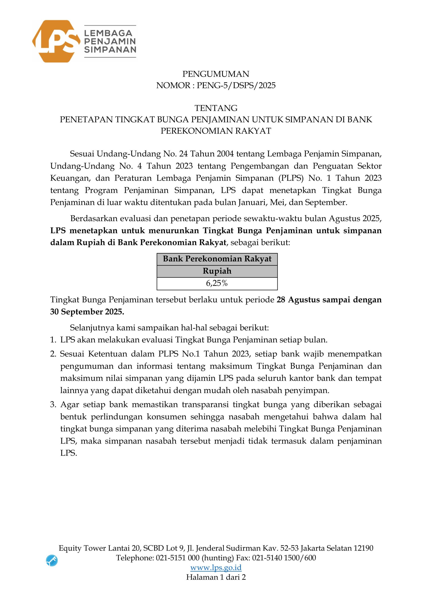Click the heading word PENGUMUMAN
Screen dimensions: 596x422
pos(216,74)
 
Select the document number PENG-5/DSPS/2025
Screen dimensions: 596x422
pos(236,85)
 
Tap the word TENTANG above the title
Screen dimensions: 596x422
pos(216,108)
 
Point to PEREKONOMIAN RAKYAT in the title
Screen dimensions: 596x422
pos(216,131)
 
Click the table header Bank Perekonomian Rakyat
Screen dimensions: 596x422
pos(217,259)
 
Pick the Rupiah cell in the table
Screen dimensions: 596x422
pos(217,271)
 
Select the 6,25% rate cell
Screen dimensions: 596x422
pos(217,283)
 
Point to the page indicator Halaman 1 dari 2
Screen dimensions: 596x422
pos(216,577)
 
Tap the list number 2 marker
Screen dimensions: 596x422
pos(53,354)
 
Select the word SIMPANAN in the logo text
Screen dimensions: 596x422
pos(110,50)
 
